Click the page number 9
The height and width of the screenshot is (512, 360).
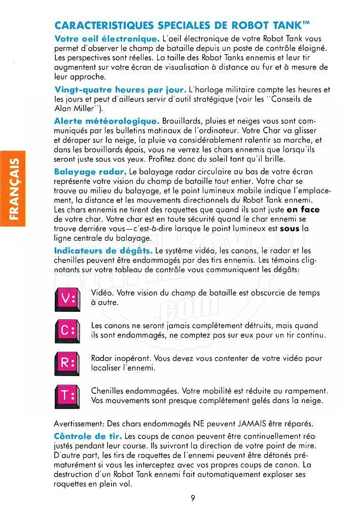pyautogui.click(x=193, y=497)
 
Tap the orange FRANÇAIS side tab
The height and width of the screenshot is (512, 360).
pyautogui.click(x=16, y=188)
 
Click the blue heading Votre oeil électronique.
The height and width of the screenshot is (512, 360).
pyautogui.click(x=107, y=39)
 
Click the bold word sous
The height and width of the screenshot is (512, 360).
pyautogui.click(x=290, y=229)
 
